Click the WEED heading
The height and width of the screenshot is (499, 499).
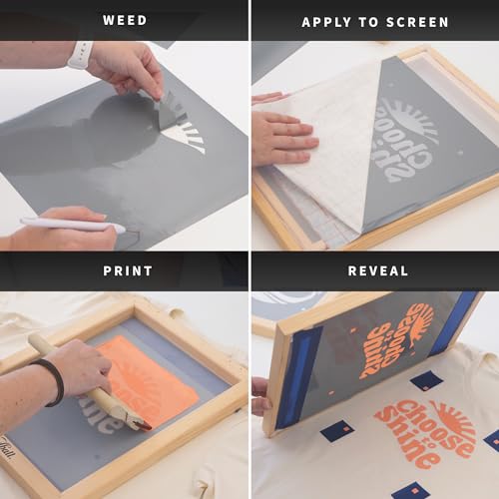125,20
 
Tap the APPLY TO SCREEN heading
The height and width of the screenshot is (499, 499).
374,21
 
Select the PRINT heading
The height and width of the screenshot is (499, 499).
127,270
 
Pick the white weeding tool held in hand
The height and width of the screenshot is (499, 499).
70,225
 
